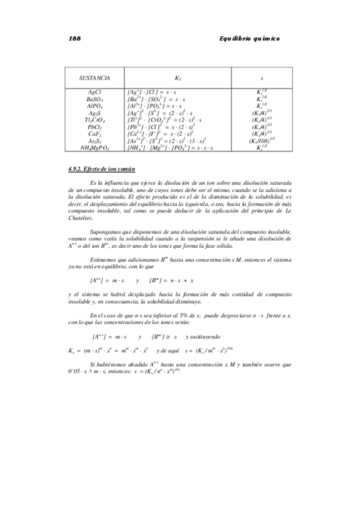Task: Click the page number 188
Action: tap(75, 38)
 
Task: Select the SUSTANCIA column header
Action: tap(94, 78)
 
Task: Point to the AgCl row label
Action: tap(94, 91)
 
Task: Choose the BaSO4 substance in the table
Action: tap(94, 98)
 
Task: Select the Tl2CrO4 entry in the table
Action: tap(94, 120)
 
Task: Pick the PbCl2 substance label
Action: tap(94, 127)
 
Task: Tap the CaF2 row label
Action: tap(94, 134)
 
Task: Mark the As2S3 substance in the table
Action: tap(94, 141)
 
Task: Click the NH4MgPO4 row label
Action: tap(94, 148)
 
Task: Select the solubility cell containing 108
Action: tap(262, 141)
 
